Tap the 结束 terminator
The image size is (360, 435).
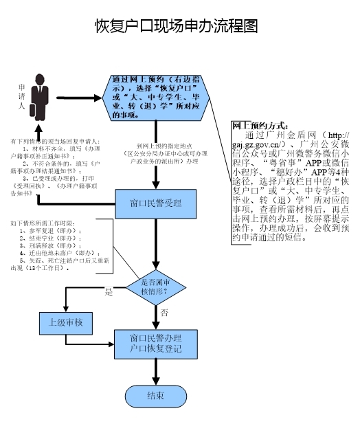[155, 397]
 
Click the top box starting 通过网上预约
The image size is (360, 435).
[159, 98]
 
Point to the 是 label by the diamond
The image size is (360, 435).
[108, 292]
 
